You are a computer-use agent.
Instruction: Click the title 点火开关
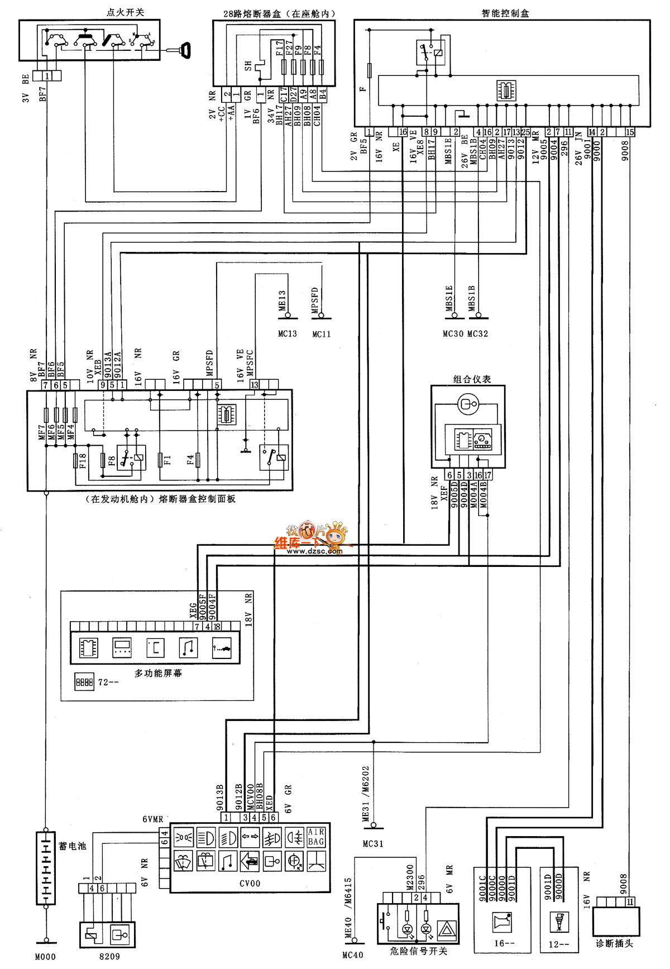tap(125, 12)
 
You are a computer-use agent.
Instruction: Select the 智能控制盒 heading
tap(505, 13)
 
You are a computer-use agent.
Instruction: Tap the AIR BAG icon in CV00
tap(316, 837)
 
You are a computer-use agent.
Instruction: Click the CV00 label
tap(250, 883)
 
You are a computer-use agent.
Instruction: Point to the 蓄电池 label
tap(73, 846)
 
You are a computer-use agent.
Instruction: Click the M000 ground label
tap(45, 957)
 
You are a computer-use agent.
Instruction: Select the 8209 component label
tap(109, 956)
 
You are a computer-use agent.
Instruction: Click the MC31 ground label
tap(373, 843)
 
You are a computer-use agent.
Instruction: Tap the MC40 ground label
tap(353, 955)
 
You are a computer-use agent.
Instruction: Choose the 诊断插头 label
tap(614, 943)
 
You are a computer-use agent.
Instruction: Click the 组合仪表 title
tap(472, 379)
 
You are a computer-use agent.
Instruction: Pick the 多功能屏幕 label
tap(158, 674)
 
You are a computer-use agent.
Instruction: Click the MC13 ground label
tap(288, 333)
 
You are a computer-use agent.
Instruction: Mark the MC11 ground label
tap(322, 334)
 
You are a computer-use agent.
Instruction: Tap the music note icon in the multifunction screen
tap(188, 647)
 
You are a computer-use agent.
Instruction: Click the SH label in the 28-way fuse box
tap(248, 66)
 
